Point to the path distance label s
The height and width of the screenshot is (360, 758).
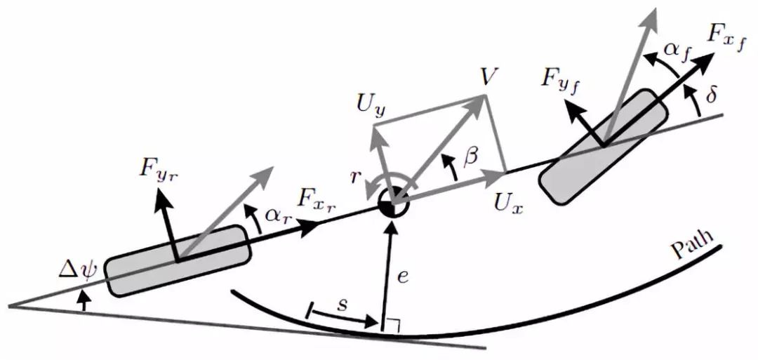(343, 306)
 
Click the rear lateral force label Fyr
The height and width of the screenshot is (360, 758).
(158, 173)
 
